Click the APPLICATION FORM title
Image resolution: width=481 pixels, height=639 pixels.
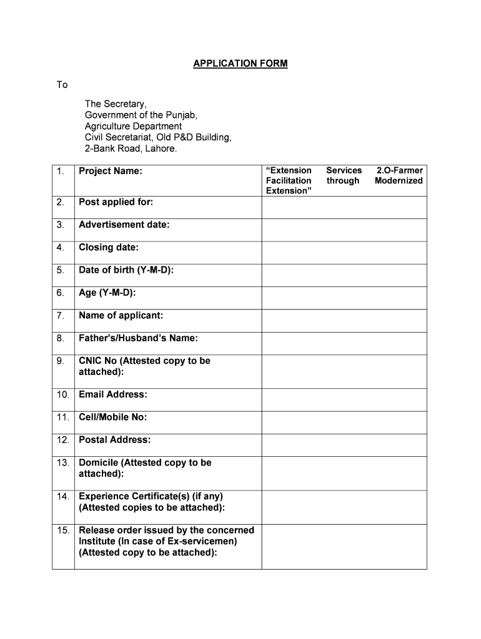click(x=241, y=64)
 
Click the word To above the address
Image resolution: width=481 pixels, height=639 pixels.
click(x=62, y=85)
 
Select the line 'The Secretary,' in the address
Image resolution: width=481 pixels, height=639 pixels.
click(x=116, y=104)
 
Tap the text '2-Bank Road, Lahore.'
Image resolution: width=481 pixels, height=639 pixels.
click(x=131, y=149)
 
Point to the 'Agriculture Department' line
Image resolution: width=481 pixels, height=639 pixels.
click(x=134, y=127)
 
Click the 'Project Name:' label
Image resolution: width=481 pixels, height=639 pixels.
click(x=111, y=171)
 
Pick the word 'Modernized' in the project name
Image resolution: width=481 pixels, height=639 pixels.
click(x=399, y=181)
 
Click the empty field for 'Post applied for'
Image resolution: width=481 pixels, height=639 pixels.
click(x=344, y=207)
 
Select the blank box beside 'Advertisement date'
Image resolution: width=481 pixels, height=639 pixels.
click(x=344, y=230)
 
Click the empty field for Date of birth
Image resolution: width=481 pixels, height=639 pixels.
click(x=344, y=275)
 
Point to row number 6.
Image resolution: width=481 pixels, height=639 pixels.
click(x=60, y=293)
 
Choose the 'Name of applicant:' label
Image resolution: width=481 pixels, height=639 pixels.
click(x=121, y=316)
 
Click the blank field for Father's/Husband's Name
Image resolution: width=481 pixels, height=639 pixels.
click(x=344, y=343)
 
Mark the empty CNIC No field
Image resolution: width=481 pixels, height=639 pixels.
click(x=344, y=371)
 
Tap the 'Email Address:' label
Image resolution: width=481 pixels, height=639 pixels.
click(x=113, y=394)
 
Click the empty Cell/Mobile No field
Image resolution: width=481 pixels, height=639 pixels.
click(x=344, y=422)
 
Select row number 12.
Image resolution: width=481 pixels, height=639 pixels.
click(x=62, y=440)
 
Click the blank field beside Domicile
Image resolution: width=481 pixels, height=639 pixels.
click(x=344, y=473)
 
